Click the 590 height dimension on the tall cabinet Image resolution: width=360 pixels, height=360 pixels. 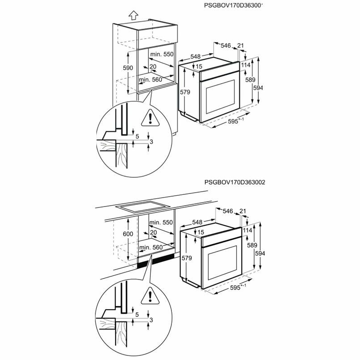coord(128,68)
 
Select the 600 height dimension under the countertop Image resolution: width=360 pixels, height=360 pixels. coord(128,234)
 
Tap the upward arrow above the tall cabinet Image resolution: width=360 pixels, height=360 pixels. coord(132,15)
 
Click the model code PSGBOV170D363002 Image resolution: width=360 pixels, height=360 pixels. coord(234,182)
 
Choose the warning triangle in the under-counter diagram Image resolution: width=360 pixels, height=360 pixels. coord(147,297)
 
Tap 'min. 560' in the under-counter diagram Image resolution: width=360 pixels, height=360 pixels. coord(150,247)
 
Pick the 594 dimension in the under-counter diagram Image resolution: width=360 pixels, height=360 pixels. coord(260,254)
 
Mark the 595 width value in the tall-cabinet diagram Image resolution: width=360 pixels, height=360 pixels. coord(233,121)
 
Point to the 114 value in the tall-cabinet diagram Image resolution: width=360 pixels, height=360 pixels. coord(245,65)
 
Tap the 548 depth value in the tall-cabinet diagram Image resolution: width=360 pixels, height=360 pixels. coord(195,56)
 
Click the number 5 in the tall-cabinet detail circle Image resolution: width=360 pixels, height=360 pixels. coord(137,135)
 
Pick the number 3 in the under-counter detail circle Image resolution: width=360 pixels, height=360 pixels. coord(152,320)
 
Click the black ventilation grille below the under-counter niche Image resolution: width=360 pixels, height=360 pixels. coord(157,261)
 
